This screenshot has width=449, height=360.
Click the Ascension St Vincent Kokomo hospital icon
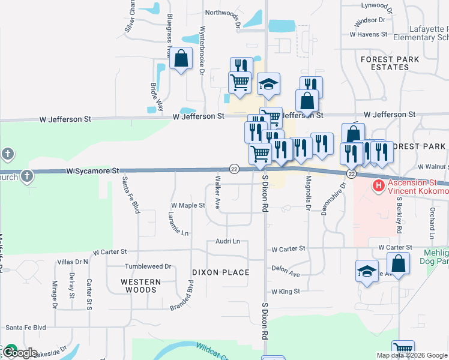378,186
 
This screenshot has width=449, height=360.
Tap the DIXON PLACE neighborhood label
220,272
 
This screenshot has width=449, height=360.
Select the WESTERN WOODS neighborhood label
140,286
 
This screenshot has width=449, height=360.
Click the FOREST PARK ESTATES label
385,64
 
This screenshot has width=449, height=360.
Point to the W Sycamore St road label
94,171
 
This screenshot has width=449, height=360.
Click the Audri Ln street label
228,241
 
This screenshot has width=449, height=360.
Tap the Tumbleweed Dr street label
148,266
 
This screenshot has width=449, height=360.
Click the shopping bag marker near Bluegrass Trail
181,59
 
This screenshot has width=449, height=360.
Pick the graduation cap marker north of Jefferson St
268,85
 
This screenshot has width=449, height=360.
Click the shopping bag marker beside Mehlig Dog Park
398,263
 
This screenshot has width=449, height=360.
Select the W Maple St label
188,205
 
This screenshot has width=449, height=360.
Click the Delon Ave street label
285,272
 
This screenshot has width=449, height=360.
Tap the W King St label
285,292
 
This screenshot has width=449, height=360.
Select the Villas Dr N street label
72,262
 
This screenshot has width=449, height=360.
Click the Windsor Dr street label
370,20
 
